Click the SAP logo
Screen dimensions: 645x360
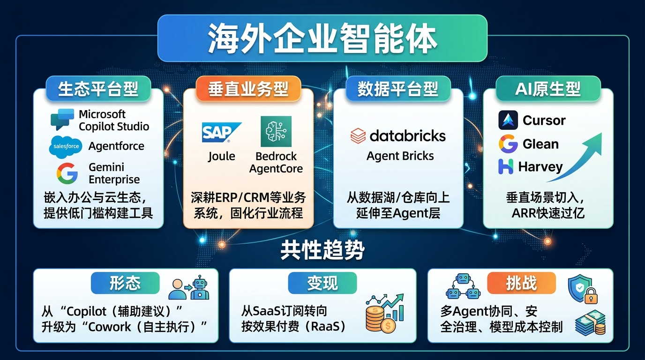pyautogui.click(x=222, y=133)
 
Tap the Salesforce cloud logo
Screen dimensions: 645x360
pyautogui.click(x=66, y=147)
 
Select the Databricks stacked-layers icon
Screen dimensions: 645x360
pyautogui.click(x=358, y=136)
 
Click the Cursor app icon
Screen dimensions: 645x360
pyautogui.click(x=508, y=120)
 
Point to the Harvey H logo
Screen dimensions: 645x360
pyautogui.click(x=506, y=166)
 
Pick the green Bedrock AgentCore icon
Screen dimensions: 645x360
pyautogui.click(x=276, y=131)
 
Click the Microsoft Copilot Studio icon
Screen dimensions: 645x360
pyautogui.click(x=62, y=120)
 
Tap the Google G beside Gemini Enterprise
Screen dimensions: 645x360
pyautogui.click(x=67, y=173)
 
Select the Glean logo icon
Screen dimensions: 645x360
pyautogui.click(x=508, y=144)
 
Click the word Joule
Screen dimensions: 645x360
pyautogui.click(x=221, y=157)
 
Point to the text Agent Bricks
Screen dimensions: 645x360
pyautogui.click(x=400, y=156)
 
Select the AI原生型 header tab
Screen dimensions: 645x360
pyautogui.click(x=548, y=89)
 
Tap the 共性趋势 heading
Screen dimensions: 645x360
pyautogui.click(x=322, y=250)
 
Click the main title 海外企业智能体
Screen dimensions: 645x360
pyautogui.click(x=322, y=38)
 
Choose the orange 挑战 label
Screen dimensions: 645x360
pyautogui.click(x=521, y=283)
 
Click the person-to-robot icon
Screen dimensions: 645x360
pyautogui.click(x=189, y=287)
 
